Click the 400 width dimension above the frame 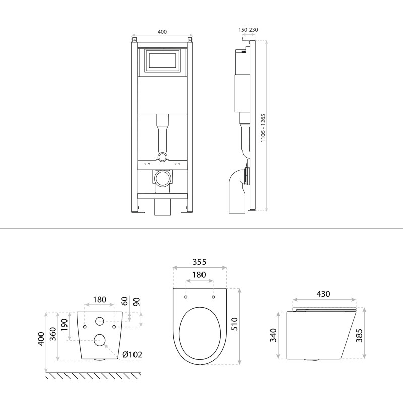tap(162, 32)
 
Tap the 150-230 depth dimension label tap(248, 30)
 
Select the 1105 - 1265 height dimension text tap(263, 128)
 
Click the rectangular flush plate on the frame tap(162, 60)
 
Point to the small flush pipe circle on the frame tap(162, 157)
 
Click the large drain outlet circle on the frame tap(162, 178)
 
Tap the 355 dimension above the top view tap(199, 262)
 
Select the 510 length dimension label tap(234, 324)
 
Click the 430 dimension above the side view tap(323, 294)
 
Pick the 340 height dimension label tap(273, 335)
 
